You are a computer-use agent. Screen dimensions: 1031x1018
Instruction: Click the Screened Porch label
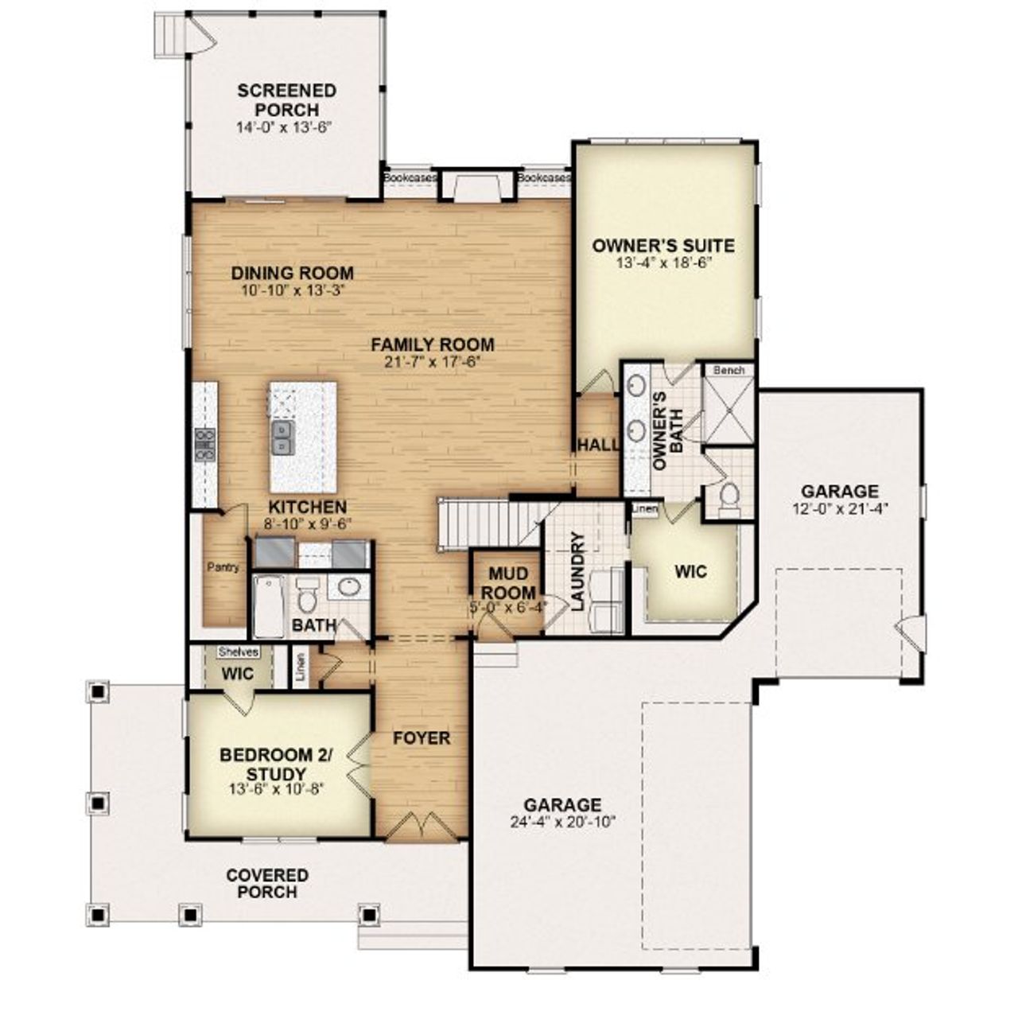[286, 100]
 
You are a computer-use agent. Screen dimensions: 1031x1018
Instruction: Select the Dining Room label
[292, 273]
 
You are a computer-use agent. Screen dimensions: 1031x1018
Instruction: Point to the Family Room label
[433, 344]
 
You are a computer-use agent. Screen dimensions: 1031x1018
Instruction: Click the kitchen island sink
[282, 438]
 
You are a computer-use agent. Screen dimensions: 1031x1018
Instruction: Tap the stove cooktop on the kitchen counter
[205, 444]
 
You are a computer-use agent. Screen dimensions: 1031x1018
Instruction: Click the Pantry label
[223, 567]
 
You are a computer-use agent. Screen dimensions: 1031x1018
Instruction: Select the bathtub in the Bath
[268, 605]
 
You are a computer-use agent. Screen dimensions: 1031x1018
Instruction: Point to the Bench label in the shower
[729, 370]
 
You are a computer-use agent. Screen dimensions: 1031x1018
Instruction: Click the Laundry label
[578, 570]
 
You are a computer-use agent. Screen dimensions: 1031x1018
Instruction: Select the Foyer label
[422, 738]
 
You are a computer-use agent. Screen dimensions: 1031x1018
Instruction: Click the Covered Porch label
[267, 884]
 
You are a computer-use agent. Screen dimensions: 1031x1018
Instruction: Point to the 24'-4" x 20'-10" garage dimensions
[562, 822]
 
